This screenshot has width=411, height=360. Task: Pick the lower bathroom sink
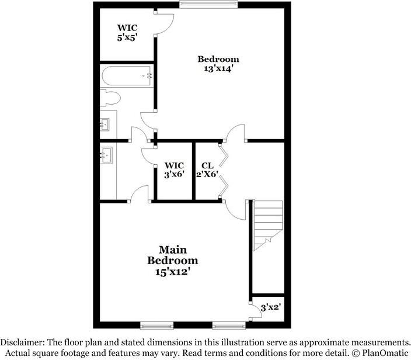(106, 154)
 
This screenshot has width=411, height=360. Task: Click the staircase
(267, 224)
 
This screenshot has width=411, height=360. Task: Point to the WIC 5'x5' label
(127, 32)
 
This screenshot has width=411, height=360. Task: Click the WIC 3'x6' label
(175, 169)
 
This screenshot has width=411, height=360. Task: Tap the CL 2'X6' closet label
(207, 169)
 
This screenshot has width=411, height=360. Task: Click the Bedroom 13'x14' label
(218, 63)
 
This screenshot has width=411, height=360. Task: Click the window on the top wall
(208, 5)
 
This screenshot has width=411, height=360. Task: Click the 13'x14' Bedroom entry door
(235, 133)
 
